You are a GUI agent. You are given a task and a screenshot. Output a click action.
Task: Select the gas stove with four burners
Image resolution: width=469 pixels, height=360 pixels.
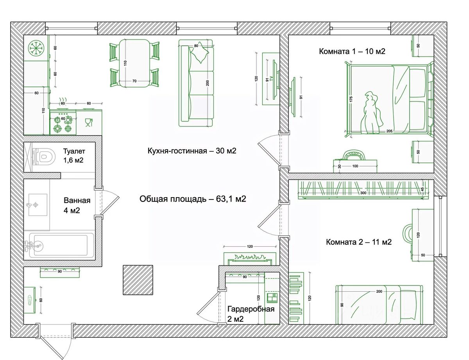coord(63,123)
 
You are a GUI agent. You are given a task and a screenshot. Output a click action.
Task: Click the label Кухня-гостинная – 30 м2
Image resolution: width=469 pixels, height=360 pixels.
coord(192,151)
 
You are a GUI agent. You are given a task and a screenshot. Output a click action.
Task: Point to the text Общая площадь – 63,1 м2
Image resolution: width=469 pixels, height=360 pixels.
coord(193,199)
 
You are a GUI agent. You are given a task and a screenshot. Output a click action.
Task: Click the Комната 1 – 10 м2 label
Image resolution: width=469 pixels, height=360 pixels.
coord(352,51)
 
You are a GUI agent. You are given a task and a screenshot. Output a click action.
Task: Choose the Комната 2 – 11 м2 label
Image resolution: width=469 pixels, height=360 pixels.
coord(359,242)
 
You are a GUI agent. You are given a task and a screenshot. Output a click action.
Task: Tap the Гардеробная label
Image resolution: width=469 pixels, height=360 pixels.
coord(251,309)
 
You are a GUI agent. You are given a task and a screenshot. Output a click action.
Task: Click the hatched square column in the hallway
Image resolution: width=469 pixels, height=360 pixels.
coord(138,280)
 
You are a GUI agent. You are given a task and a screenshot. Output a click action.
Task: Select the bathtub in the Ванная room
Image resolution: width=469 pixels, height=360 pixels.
coord(61,246)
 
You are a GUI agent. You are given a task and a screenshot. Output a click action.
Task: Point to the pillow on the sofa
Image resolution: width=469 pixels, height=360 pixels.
coord(199,52)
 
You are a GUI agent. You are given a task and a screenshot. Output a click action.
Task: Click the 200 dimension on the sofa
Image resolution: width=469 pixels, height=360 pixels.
coord(208,83)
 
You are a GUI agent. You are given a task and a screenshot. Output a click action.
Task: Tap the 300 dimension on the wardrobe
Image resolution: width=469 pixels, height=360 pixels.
coord(363,193)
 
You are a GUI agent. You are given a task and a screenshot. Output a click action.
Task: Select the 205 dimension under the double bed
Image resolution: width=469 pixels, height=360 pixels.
coord(389,131)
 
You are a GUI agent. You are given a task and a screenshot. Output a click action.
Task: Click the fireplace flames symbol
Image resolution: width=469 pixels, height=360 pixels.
coord(250,257)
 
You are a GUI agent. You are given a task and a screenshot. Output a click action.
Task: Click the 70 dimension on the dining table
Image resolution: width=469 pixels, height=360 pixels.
coord(134,81)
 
